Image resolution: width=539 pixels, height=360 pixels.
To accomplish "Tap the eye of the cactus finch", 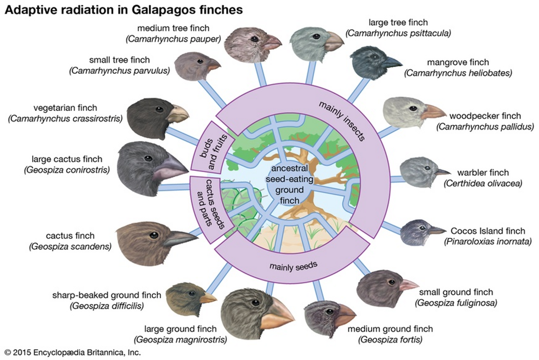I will point(154,235).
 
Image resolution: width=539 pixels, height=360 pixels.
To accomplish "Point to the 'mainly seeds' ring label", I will point(294,265).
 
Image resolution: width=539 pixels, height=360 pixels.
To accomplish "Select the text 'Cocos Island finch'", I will point(488,231).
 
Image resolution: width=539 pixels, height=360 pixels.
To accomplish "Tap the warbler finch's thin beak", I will point(442,172).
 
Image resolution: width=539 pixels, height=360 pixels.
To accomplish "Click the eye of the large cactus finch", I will point(147,158).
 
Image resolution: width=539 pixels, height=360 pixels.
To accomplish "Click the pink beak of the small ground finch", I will point(408,284).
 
